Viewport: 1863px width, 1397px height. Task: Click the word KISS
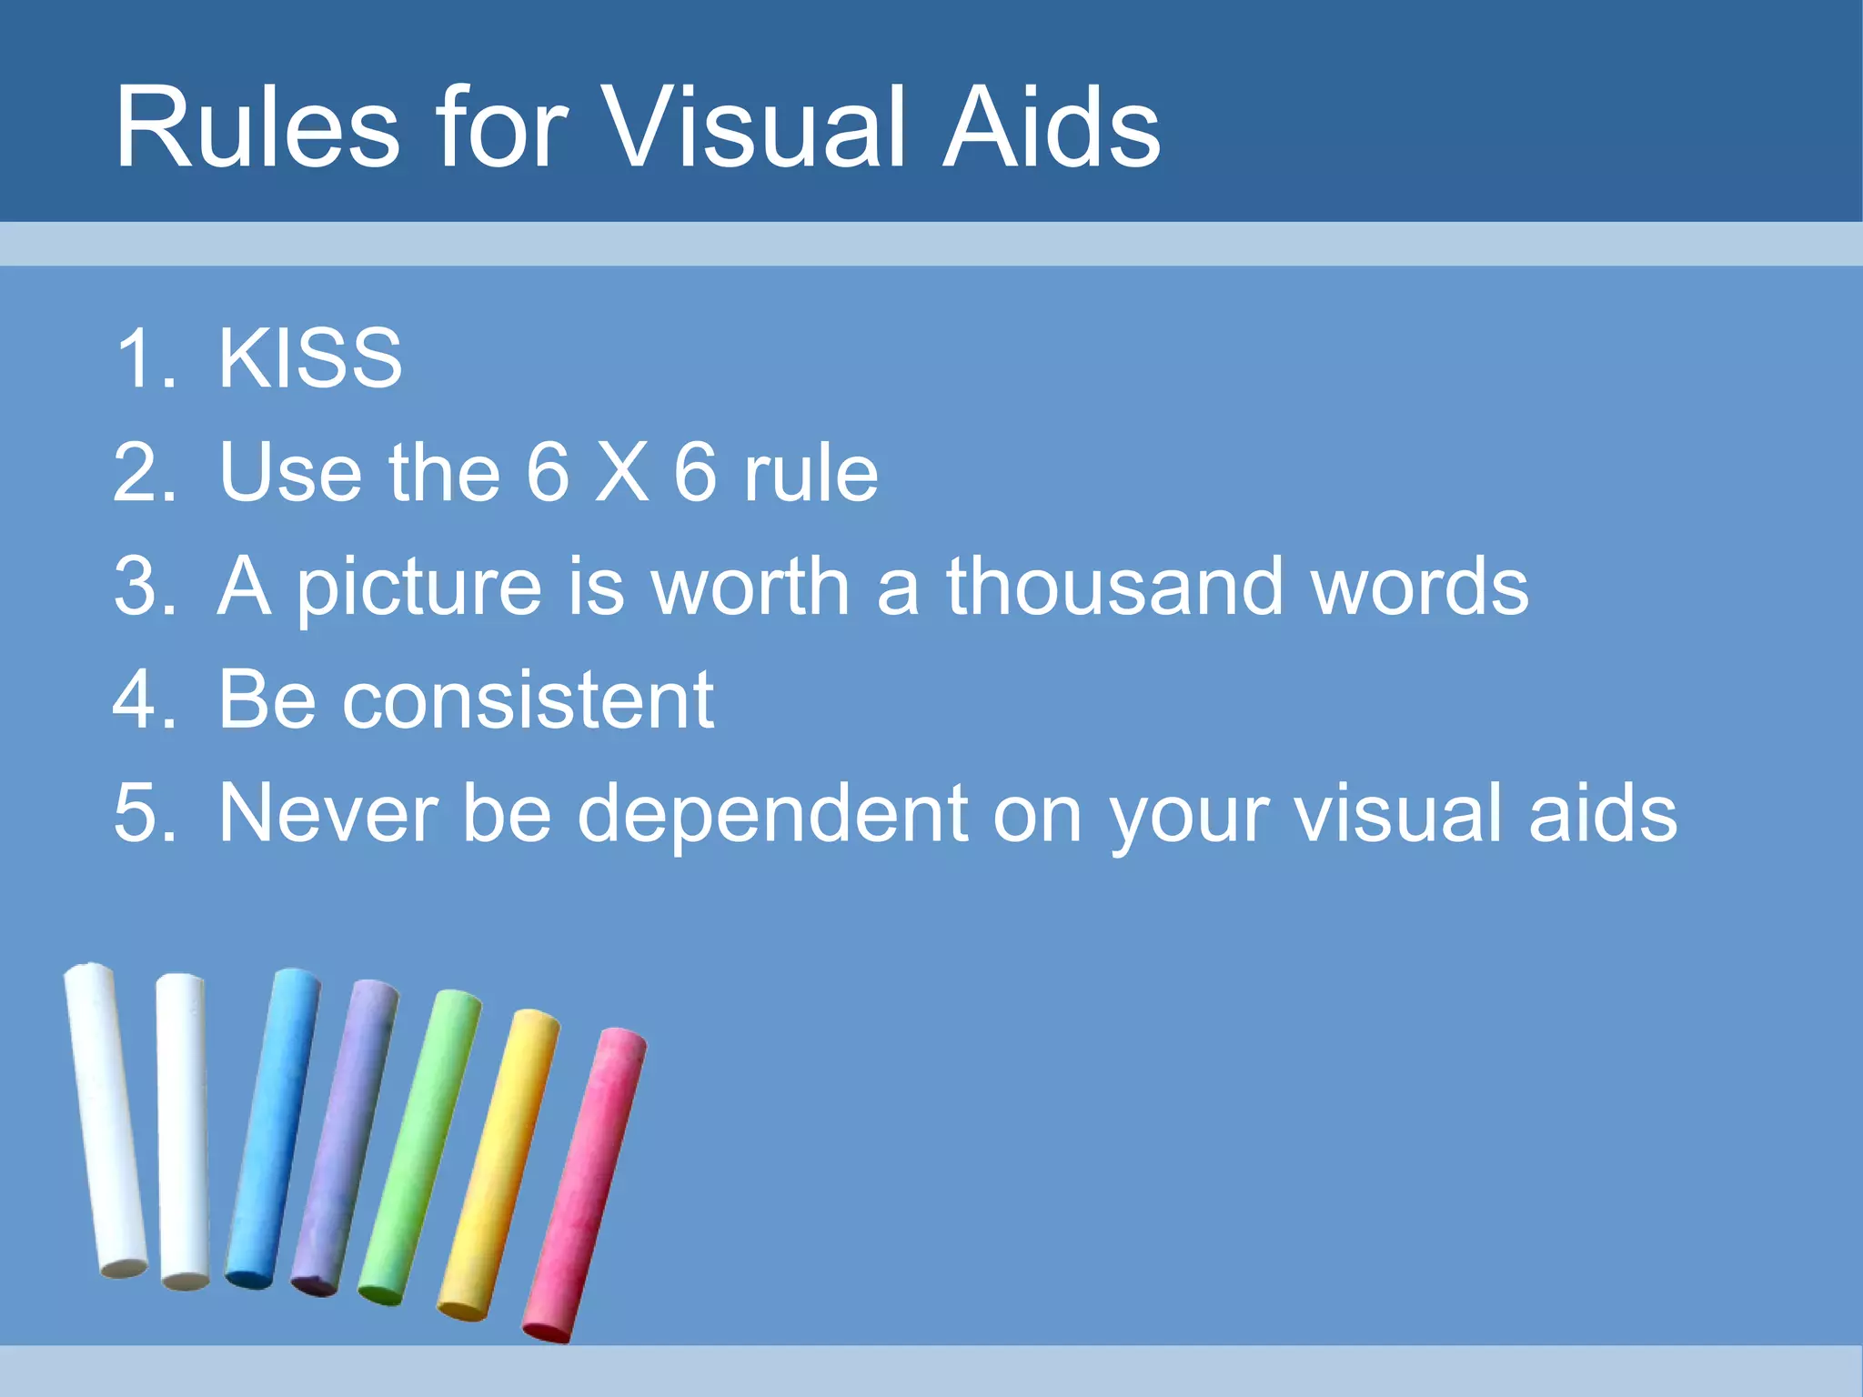click(x=310, y=358)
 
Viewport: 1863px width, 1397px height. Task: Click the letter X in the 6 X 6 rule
click(x=622, y=472)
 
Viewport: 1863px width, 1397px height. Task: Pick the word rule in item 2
click(x=811, y=472)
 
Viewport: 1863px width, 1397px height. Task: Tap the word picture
click(x=419, y=588)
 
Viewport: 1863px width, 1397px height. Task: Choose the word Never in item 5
click(x=328, y=813)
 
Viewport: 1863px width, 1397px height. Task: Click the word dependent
click(x=772, y=815)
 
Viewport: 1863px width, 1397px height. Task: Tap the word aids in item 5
click(x=1602, y=813)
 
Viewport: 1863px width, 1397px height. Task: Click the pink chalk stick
click(x=585, y=1182)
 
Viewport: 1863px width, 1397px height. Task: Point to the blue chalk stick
click(x=273, y=1128)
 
